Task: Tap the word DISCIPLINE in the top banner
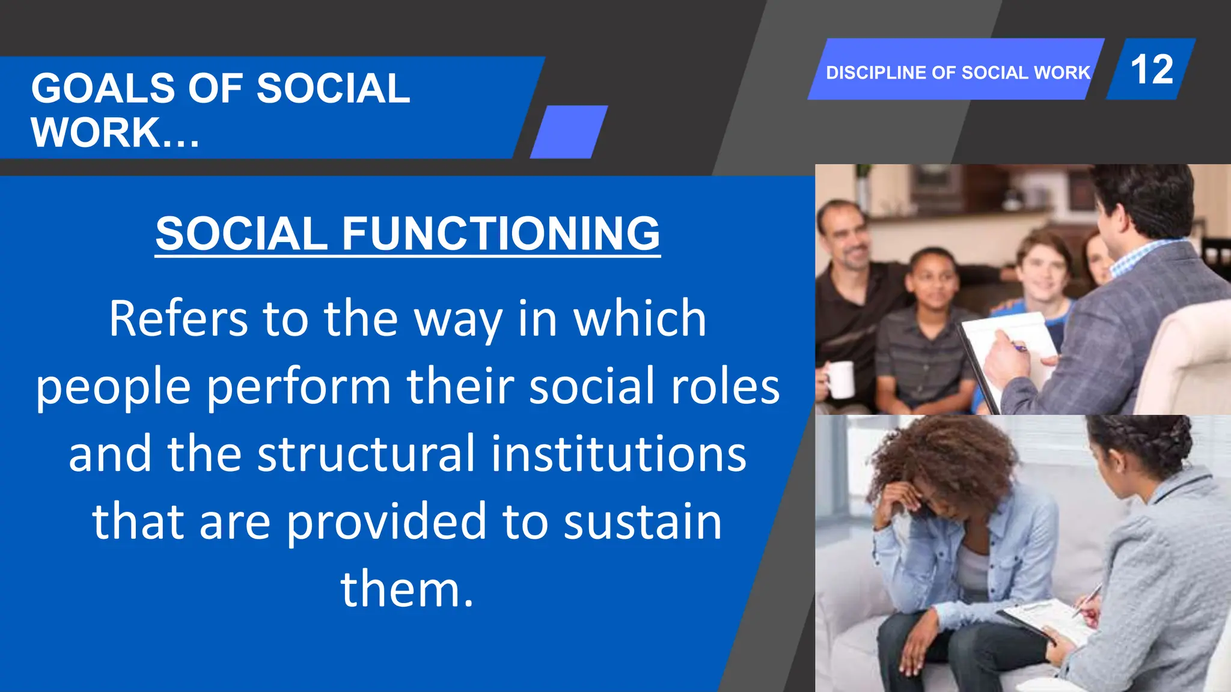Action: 876,73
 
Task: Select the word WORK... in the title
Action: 115,133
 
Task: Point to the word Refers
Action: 178,318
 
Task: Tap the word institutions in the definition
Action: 619,454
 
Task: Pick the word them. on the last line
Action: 407,589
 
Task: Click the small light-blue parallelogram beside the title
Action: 569,132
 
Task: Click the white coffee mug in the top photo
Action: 840,379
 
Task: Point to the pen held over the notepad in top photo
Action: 1018,347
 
